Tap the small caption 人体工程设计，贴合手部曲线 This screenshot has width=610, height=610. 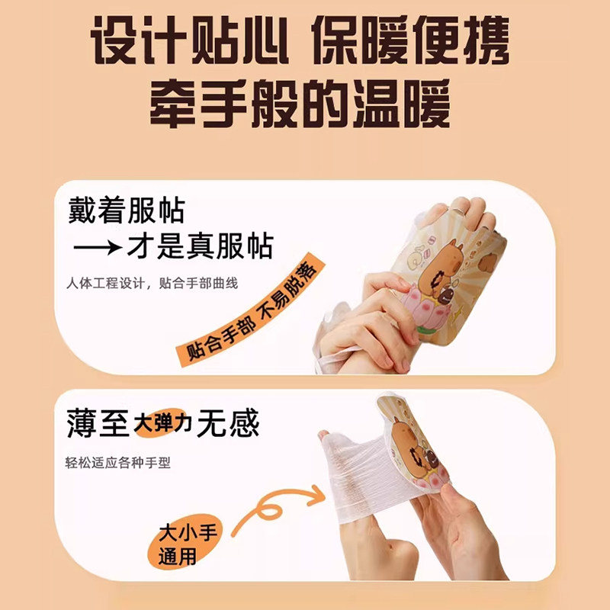[153, 284]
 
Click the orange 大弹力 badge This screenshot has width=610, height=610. [162, 423]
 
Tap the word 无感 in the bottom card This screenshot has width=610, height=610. [227, 423]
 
